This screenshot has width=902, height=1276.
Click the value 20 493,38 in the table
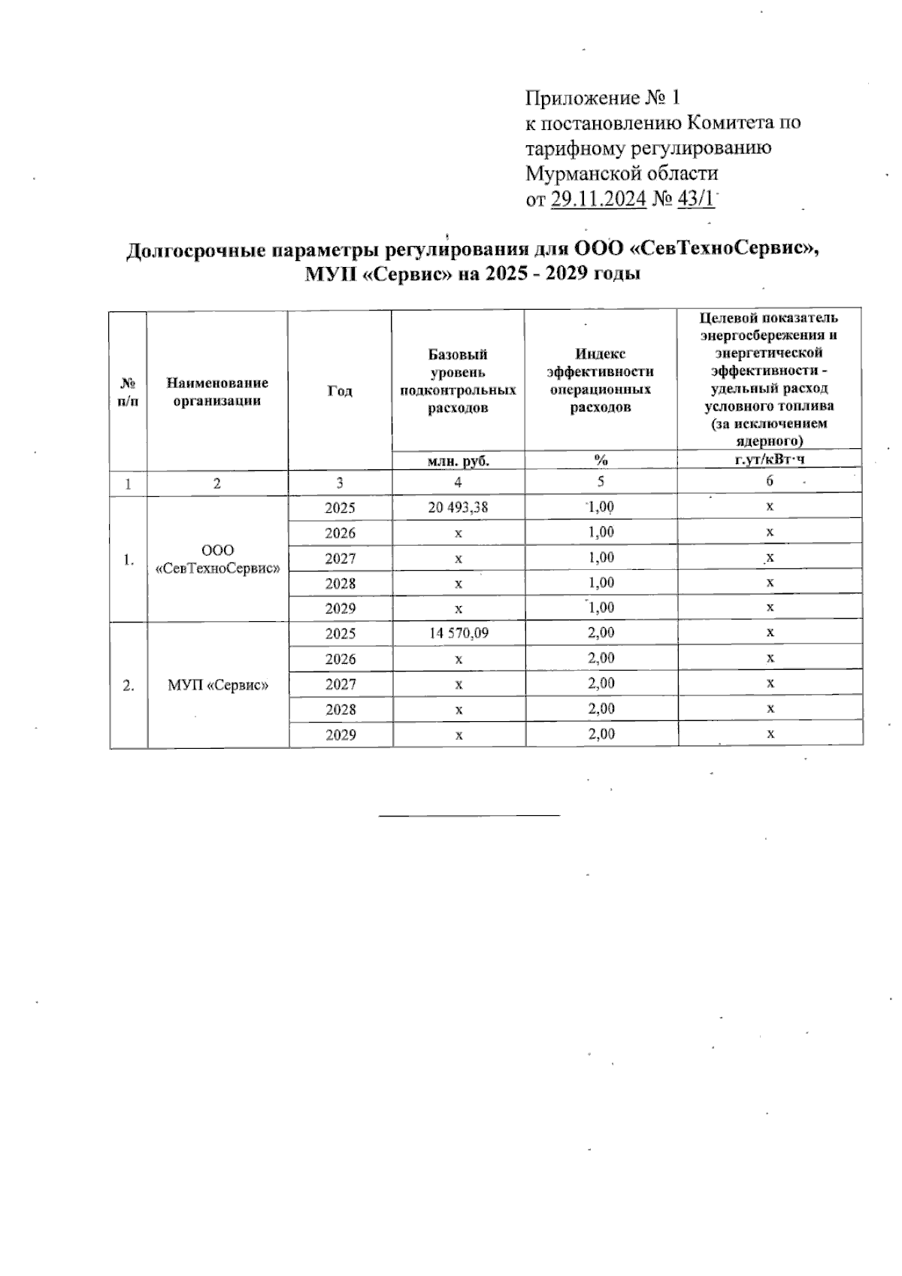click(458, 508)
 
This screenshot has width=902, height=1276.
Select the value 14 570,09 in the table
click(459, 633)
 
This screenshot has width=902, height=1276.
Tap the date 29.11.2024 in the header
click(598, 199)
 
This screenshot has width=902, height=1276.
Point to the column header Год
click(340, 391)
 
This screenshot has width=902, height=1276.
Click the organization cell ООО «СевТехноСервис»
click(218, 559)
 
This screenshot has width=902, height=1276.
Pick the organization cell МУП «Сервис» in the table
click(218, 685)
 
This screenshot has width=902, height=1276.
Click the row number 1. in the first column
click(129, 559)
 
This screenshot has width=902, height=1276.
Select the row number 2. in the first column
click(129, 685)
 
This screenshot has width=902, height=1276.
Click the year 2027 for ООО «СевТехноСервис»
click(340, 559)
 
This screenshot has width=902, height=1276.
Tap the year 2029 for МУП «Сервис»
click(340, 735)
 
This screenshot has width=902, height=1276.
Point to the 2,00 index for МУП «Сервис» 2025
click(601, 633)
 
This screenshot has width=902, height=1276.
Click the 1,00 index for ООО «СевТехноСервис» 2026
click(601, 532)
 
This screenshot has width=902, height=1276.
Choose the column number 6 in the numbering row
click(770, 483)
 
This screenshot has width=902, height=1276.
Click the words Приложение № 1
click(602, 99)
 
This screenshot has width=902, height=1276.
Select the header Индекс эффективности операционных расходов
click(601, 380)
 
